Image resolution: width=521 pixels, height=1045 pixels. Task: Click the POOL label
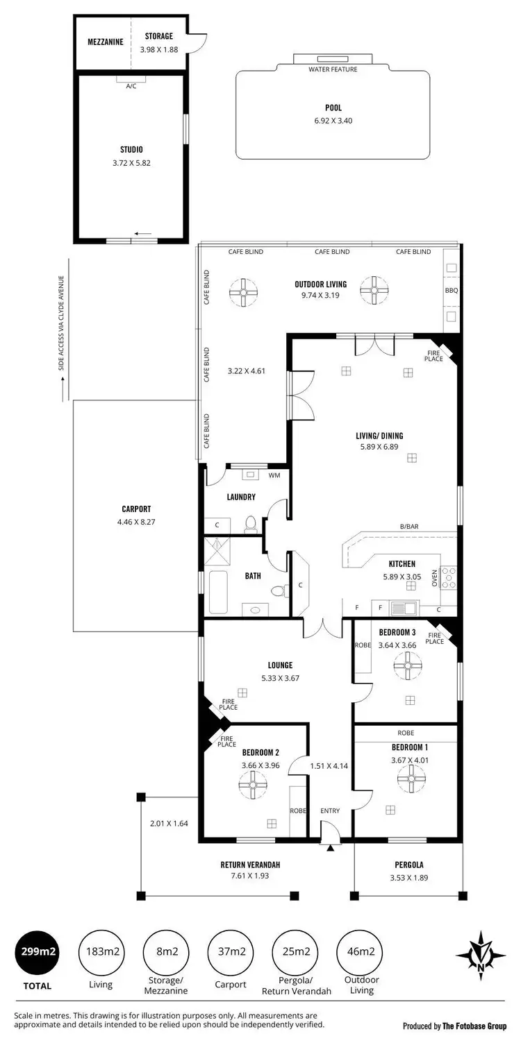(x=333, y=108)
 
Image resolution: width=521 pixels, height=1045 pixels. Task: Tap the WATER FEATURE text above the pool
(x=333, y=69)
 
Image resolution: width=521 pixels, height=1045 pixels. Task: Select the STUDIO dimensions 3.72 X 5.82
(x=131, y=163)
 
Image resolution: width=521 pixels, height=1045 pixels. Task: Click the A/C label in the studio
(x=131, y=86)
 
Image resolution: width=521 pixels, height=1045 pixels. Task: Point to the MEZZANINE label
(x=106, y=42)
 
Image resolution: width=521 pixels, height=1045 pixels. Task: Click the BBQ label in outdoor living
(x=452, y=291)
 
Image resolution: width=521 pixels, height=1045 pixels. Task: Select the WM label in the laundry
(x=274, y=476)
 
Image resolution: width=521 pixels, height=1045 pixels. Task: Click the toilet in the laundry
(x=251, y=525)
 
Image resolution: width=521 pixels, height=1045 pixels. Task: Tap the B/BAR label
(x=408, y=527)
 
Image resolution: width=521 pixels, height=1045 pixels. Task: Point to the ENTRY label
(x=330, y=810)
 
